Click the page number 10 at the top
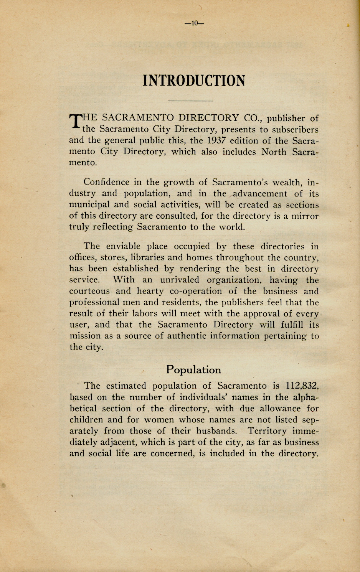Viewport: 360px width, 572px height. coord(194,23)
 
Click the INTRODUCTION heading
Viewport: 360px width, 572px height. coord(194,81)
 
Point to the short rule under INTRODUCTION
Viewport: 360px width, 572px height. coord(190,101)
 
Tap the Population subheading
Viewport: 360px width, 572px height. coord(193,370)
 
